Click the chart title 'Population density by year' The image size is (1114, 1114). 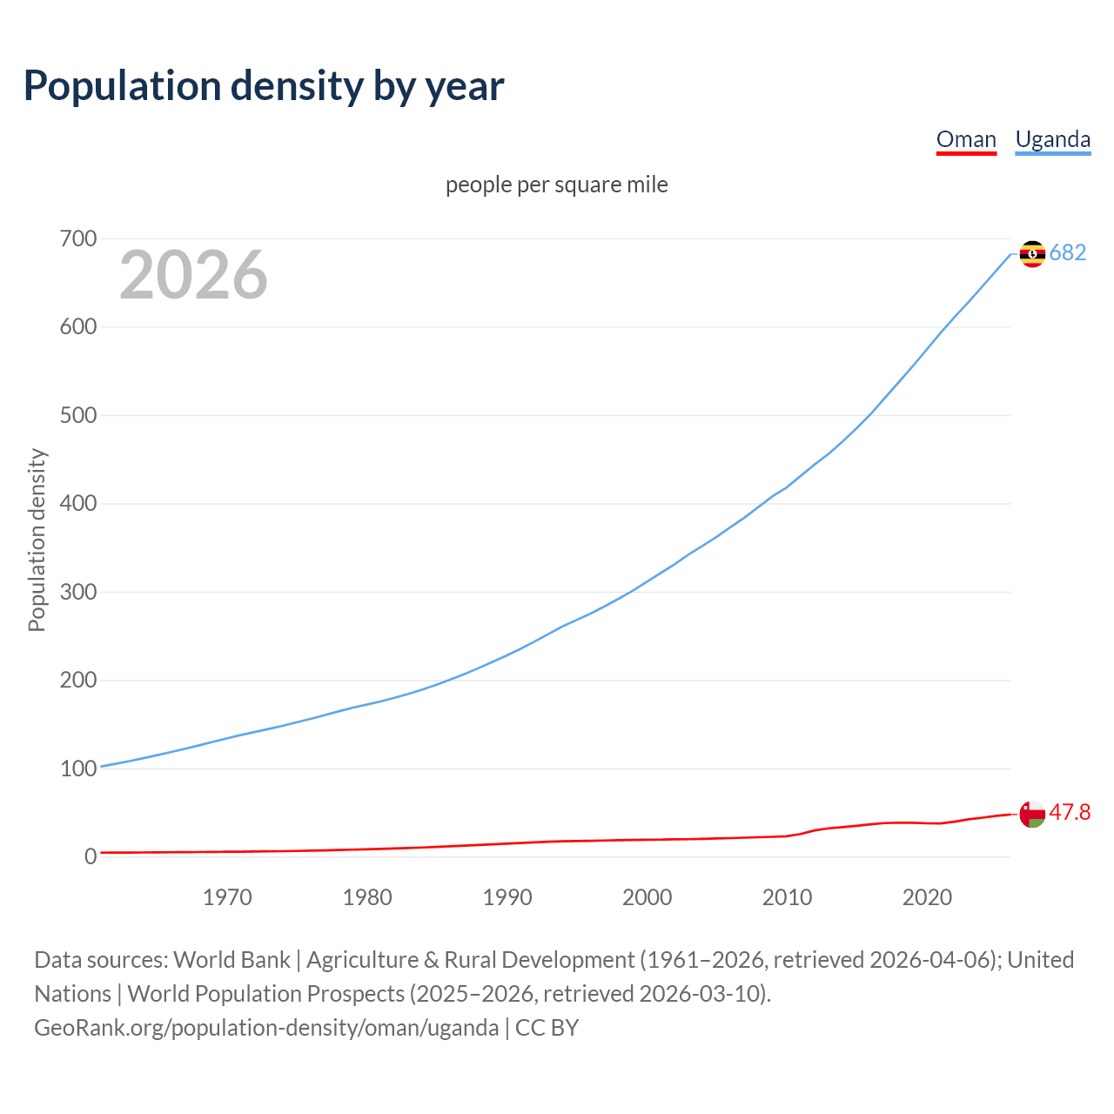(x=264, y=86)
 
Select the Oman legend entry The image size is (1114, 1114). (x=966, y=139)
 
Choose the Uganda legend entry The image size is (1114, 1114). (x=1052, y=139)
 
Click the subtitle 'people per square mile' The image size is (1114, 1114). (x=556, y=185)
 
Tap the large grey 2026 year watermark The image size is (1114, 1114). (x=193, y=275)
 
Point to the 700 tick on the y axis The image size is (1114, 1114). (x=78, y=238)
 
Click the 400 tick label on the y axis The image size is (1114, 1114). (x=78, y=503)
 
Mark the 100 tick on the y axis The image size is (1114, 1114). (x=78, y=768)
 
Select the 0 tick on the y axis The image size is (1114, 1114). (x=91, y=856)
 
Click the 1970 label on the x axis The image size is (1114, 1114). (x=227, y=897)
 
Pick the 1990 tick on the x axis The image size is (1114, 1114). (x=507, y=897)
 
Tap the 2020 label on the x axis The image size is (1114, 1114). (x=927, y=897)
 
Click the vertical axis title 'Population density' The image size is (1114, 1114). (x=37, y=540)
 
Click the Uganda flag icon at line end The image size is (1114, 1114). (x=1032, y=254)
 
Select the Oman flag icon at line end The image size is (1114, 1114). (x=1032, y=815)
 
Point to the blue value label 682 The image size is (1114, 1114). (x=1068, y=252)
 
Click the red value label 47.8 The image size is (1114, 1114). (x=1070, y=812)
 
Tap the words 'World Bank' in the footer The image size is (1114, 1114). (x=232, y=960)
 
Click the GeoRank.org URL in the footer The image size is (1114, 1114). (x=266, y=1028)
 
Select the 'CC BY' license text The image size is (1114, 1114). (x=547, y=1028)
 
